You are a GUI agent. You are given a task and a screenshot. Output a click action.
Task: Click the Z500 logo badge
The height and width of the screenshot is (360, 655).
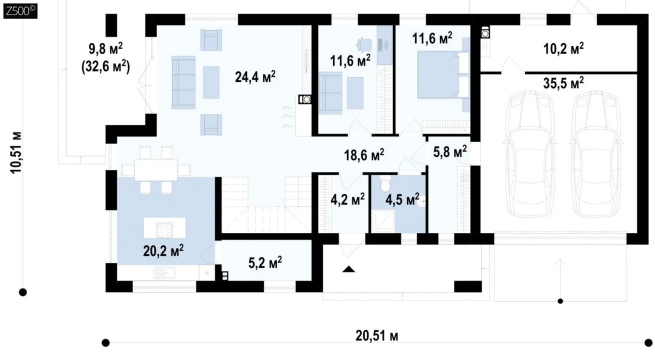click(x=20, y=11)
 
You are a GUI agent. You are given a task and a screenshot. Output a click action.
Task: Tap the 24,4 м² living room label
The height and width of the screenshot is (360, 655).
click(x=255, y=77)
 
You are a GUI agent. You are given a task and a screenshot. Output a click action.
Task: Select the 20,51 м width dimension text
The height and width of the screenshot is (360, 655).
click(x=377, y=336)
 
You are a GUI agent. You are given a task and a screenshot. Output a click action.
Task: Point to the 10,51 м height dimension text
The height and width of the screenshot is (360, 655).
click(x=16, y=152)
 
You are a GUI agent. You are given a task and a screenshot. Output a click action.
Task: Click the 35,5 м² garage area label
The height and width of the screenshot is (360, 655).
click(x=564, y=83)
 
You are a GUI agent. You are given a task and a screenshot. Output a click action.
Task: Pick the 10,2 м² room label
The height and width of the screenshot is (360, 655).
click(x=564, y=48)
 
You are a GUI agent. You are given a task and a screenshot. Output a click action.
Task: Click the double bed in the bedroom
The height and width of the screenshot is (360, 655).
click(x=443, y=75)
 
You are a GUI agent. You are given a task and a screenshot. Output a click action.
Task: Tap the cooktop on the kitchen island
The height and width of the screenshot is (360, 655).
click(x=165, y=229)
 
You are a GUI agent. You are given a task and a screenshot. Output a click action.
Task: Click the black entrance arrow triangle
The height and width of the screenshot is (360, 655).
click(x=349, y=269)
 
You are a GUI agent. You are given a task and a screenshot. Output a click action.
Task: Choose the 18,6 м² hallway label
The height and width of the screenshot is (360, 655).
click(x=364, y=155)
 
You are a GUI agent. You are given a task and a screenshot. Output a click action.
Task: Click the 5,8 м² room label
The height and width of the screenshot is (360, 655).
click(x=450, y=152)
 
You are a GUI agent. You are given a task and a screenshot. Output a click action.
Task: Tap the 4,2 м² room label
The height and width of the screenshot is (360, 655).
click(x=348, y=199)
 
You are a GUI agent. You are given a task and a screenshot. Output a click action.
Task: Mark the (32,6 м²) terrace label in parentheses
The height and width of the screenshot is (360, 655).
click(x=105, y=66)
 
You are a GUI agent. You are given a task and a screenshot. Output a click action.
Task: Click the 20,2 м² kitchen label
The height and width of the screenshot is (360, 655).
click(x=163, y=251)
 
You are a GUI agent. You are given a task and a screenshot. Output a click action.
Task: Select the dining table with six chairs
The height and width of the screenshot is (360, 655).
click(x=156, y=170)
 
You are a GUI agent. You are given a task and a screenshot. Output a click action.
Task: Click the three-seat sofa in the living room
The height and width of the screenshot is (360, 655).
click(x=183, y=82)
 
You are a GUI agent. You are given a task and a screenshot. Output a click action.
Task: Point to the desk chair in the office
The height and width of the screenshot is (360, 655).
click(x=363, y=43)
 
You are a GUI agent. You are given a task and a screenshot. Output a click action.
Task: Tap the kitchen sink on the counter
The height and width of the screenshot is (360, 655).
click(x=164, y=273)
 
